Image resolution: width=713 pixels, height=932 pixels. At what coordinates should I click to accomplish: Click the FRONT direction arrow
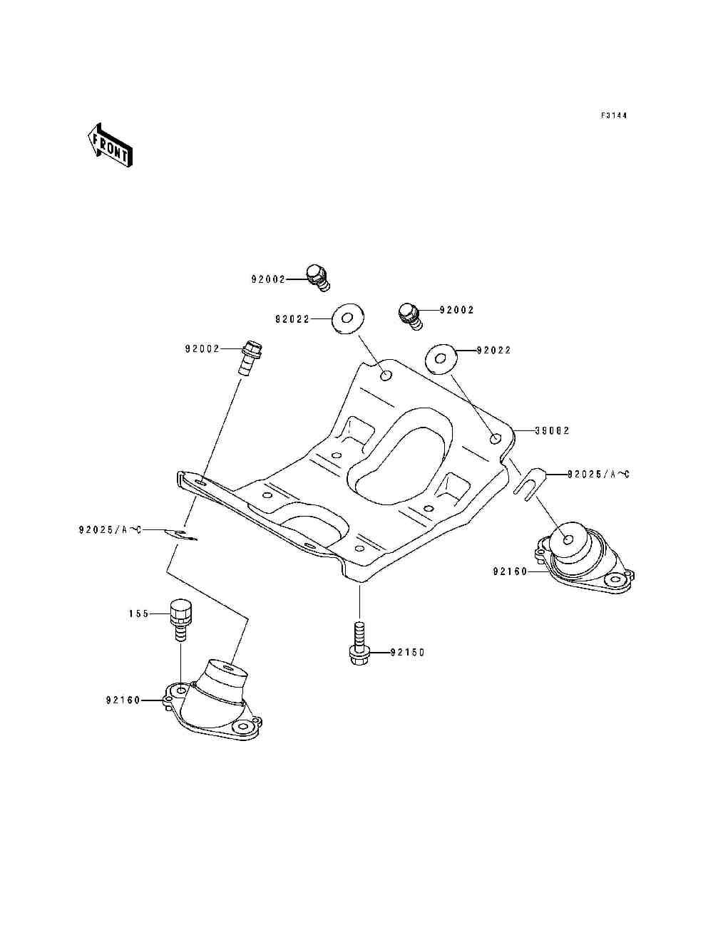click(110, 145)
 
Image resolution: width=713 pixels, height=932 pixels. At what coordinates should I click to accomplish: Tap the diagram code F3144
click(614, 115)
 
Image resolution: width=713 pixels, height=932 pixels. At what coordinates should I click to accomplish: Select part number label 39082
click(552, 430)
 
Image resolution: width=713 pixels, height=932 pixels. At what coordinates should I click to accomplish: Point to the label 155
click(139, 613)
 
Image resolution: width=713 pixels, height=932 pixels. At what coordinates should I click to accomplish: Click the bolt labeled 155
click(180, 621)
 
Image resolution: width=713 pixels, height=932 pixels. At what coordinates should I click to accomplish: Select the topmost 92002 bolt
click(318, 278)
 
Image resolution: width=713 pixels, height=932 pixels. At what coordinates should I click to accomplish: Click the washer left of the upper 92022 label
click(347, 319)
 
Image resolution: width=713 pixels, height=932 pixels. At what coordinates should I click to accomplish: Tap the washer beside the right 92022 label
click(441, 359)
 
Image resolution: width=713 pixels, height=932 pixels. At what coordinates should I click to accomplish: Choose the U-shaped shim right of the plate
click(529, 484)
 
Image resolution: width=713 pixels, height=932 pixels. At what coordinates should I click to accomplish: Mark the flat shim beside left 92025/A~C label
click(181, 534)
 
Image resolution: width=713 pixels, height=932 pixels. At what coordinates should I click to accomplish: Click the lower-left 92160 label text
click(123, 700)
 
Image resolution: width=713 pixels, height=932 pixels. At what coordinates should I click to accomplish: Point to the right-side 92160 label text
click(510, 571)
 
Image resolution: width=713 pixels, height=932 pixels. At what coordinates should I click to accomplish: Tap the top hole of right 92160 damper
click(568, 540)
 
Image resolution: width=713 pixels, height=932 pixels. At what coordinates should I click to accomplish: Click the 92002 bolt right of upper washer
click(411, 316)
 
